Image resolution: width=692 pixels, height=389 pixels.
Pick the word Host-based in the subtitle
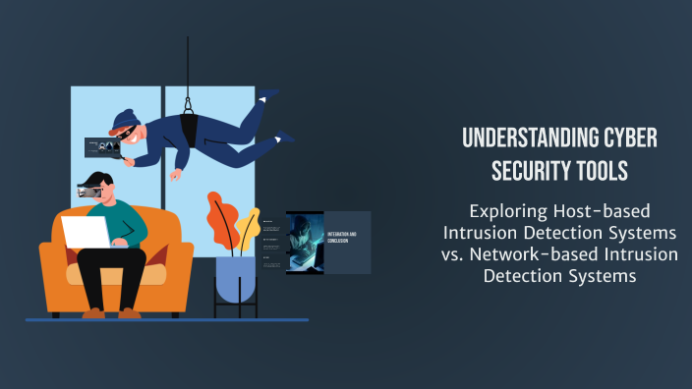coord(597,210)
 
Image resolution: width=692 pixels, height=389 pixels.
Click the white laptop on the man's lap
coord(86,233)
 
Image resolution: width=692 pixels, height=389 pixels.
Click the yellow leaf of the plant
coord(248,225)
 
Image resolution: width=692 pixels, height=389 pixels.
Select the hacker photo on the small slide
coord(305,242)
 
